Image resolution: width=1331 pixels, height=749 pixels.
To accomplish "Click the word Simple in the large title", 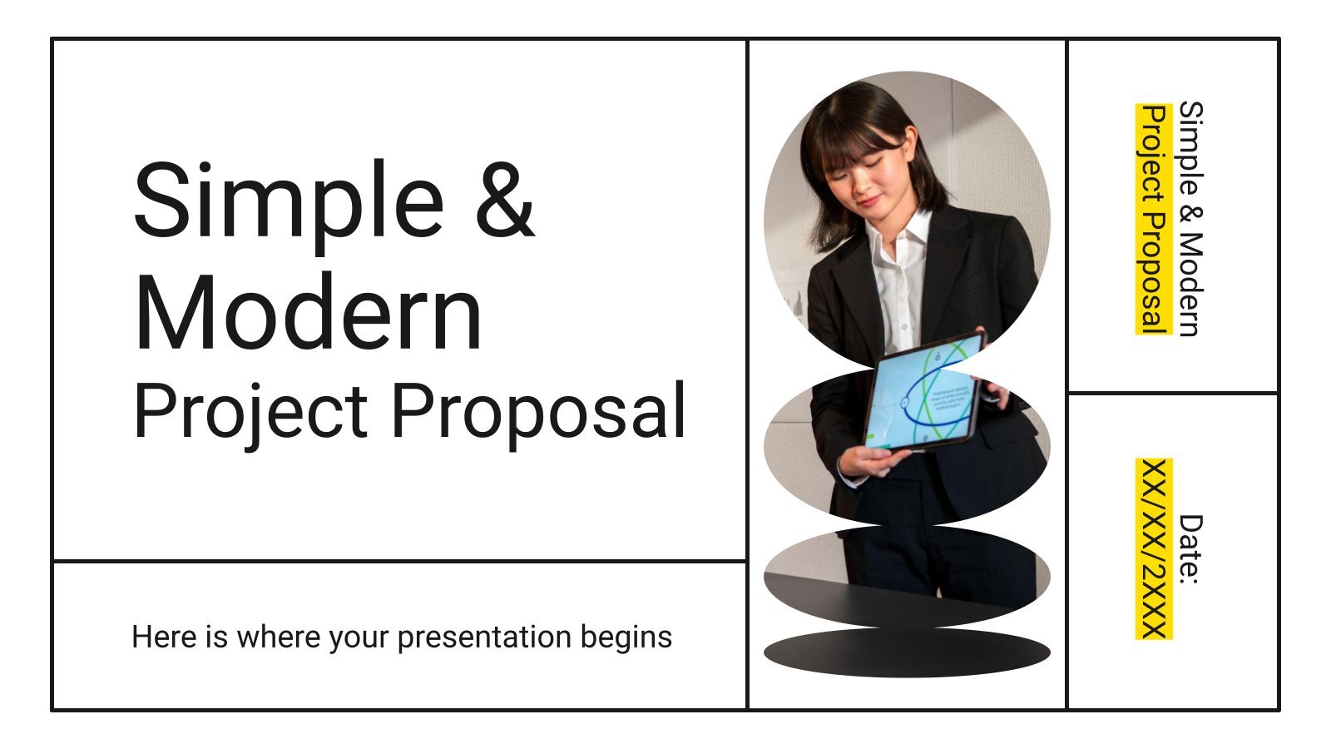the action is (x=289, y=204).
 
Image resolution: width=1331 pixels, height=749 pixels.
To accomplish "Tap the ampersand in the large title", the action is (x=505, y=199).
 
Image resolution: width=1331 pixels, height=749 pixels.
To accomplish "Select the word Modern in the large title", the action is (x=308, y=313).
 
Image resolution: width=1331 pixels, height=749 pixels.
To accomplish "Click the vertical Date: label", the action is (x=1190, y=549).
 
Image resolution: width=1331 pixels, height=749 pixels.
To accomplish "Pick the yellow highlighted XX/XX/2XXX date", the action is (x=1154, y=548).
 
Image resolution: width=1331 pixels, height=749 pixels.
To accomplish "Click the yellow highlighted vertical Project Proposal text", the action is (x=1154, y=219).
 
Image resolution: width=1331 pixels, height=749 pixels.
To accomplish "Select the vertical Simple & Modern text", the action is (x=1190, y=219).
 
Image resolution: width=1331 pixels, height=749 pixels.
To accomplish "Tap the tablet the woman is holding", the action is (x=923, y=392).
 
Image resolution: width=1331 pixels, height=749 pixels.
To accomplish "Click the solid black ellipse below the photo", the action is (x=907, y=652).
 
